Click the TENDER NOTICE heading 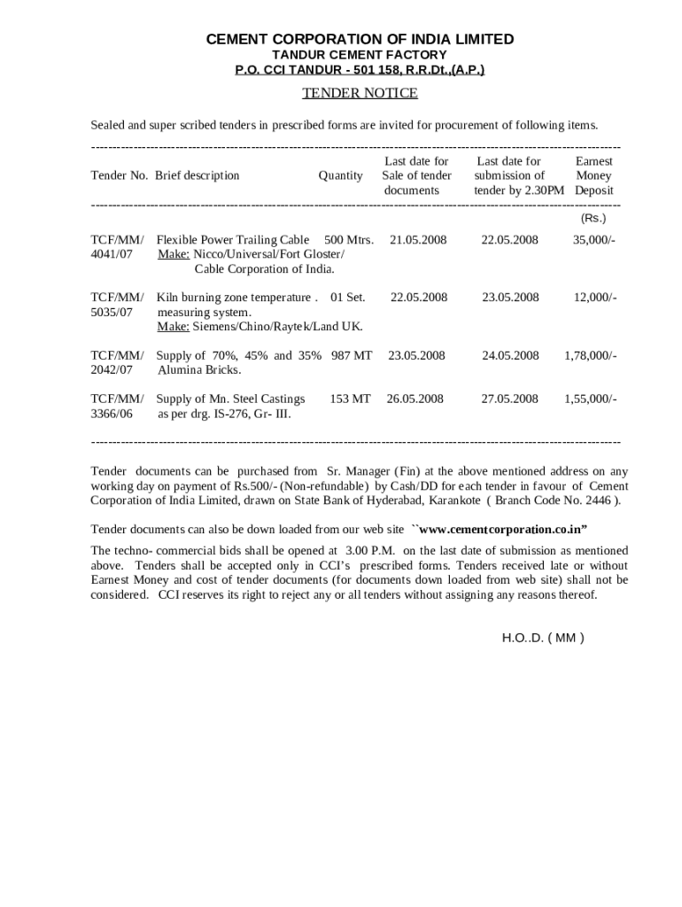(360, 93)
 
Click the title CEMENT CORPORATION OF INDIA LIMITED (360, 39)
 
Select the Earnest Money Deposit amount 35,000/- (593, 240)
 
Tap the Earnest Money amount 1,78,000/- (590, 355)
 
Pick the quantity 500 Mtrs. (349, 240)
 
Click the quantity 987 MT (352, 355)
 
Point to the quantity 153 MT (350, 399)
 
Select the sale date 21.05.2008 (418, 240)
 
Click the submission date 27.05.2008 (509, 399)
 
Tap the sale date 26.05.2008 (415, 399)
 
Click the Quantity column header (340, 175)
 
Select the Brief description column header (197, 175)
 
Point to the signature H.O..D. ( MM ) (542, 637)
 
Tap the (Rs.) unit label (593, 218)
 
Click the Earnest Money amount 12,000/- (594, 298)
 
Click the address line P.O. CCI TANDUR (360, 69)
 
